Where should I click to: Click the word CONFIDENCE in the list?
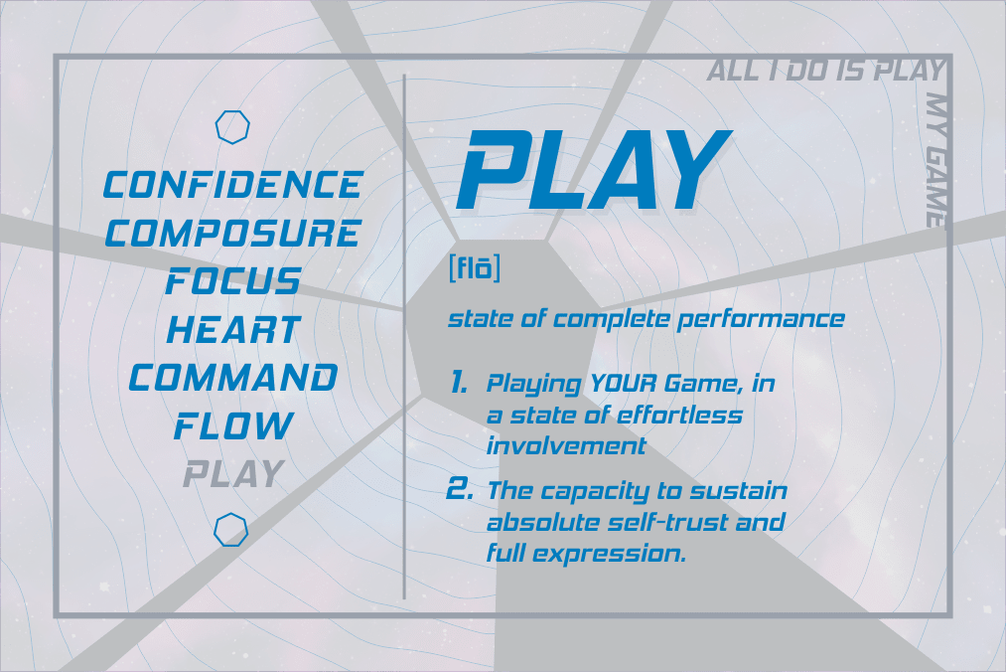point(233,184)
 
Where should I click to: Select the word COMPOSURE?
point(233,233)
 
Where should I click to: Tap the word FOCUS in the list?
point(233,280)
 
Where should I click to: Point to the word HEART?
point(233,329)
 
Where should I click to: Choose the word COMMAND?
point(233,377)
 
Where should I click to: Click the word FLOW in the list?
point(233,425)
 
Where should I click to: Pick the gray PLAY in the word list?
point(233,473)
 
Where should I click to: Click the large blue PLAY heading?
point(594,170)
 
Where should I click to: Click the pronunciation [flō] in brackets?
point(474,267)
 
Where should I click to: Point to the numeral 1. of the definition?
point(458,383)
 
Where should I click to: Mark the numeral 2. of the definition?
point(460,489)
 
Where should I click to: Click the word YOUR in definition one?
point(623,384)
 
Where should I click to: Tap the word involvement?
point(566,446)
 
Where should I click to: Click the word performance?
point(761,319)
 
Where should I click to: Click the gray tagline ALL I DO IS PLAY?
point(825,71)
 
